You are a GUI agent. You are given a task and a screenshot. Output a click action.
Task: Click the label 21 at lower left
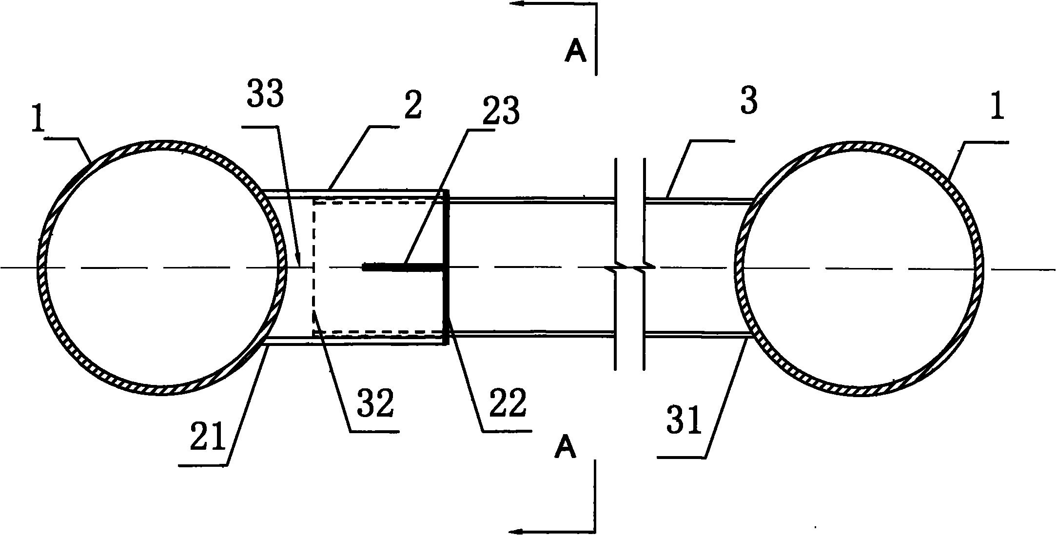(x=209, y=437)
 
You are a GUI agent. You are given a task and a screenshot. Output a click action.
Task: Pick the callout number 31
(x=683, y=421)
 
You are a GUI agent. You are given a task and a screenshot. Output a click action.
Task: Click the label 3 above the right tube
(x=749, y=102)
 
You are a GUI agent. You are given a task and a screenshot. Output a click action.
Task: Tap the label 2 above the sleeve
(x=412, y=106)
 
